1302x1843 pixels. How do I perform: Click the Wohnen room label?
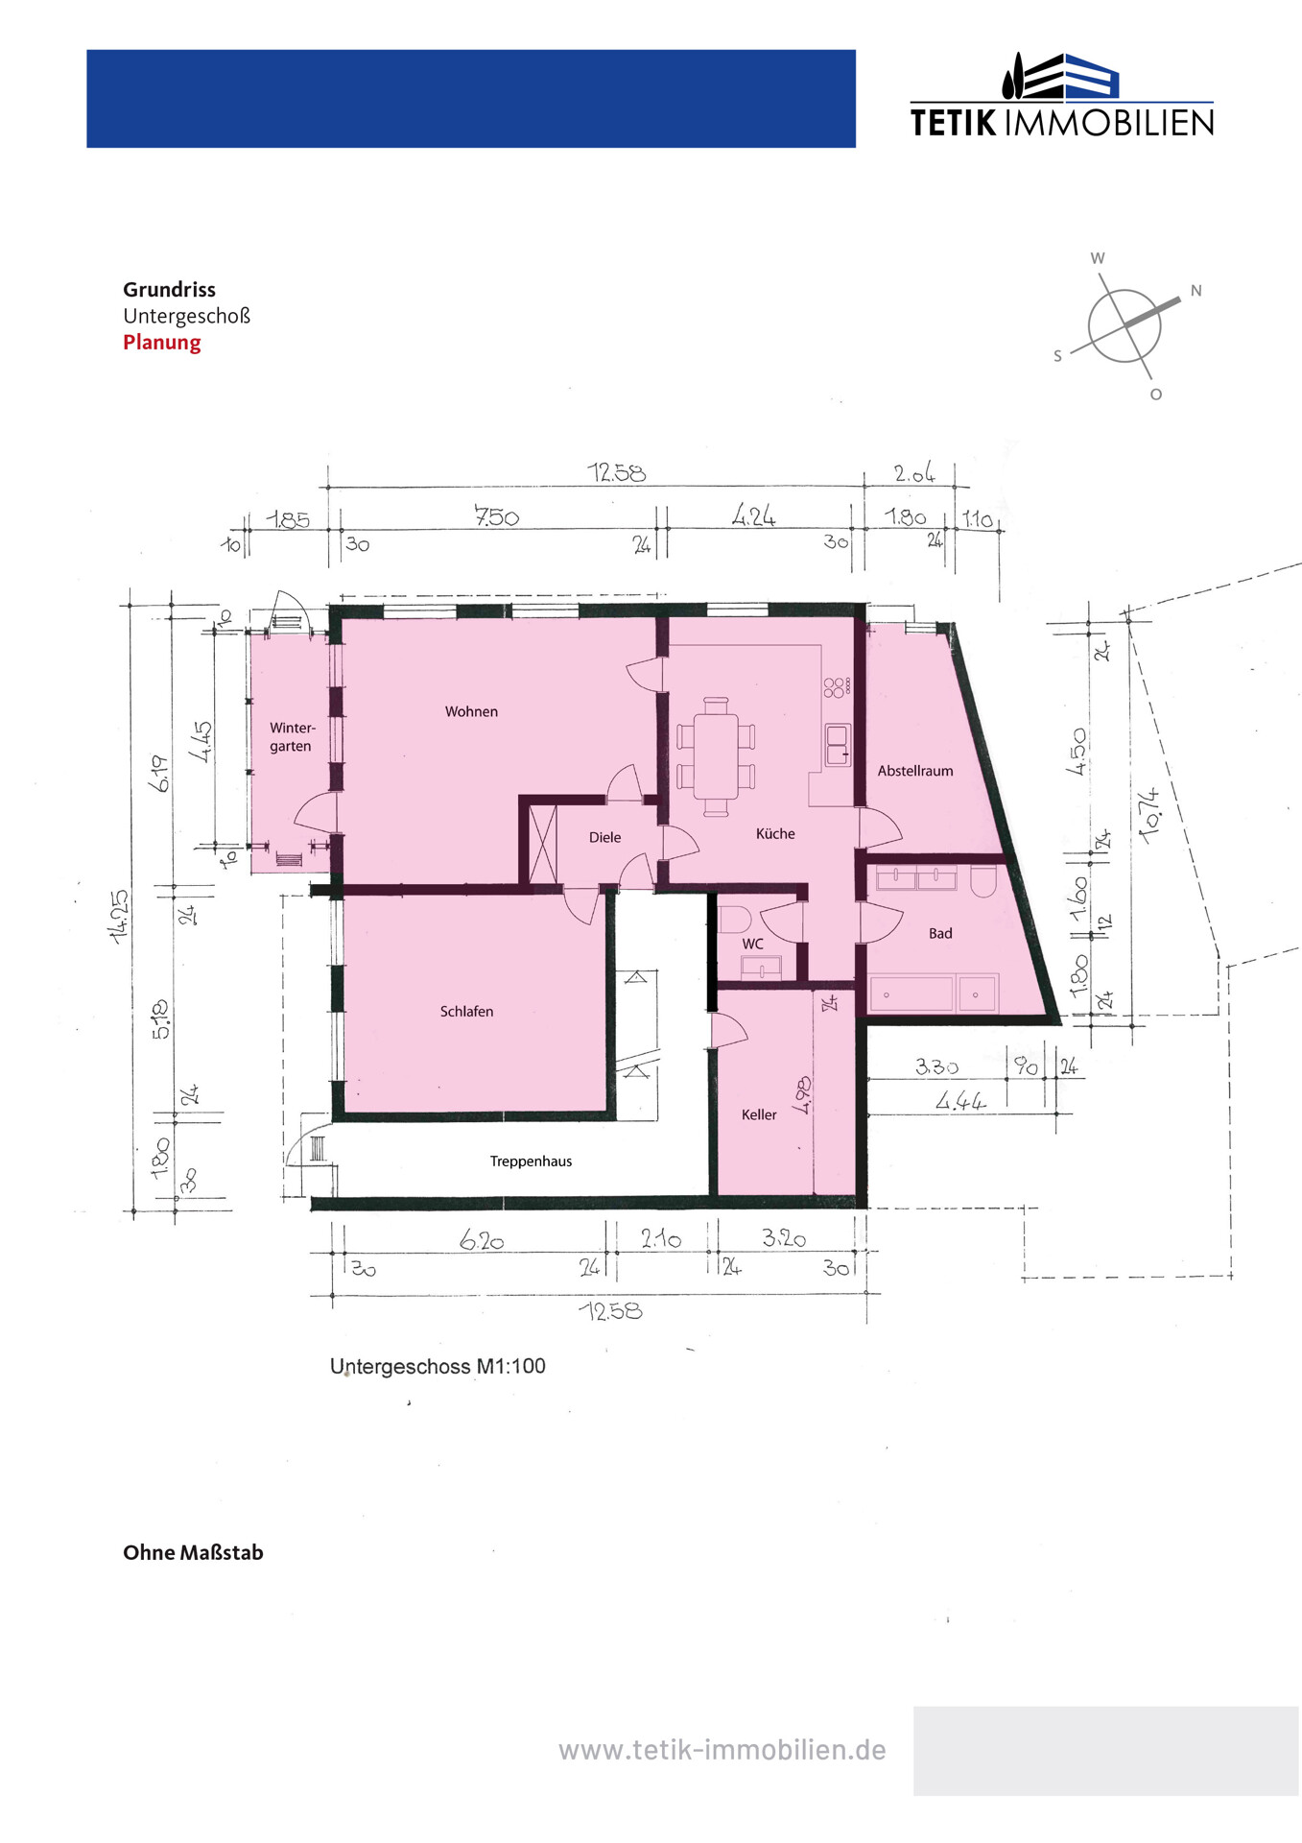[x=471, y=711]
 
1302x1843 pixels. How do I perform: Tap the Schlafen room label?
[x=466, y=1012]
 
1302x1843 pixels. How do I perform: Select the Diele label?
[x=604, y=837]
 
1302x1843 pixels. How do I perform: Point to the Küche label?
[x=775, y=833]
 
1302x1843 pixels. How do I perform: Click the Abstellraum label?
[x=915, y=771]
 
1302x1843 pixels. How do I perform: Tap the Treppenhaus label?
[x=531, y=1161]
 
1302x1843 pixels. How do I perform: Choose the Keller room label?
[x=759, y=1114]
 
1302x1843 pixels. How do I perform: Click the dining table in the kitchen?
[x=716, y=757]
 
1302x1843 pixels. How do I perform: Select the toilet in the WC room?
[x=736, y=920]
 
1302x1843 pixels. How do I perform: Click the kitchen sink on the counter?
[x=838, y=745]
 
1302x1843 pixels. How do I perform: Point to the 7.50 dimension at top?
[x=496, y=516]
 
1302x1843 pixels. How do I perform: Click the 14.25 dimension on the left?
[x=120, y=917]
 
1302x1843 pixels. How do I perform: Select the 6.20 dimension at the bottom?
[x=482, y=1240]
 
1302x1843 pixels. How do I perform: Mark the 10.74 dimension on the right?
[x=1148, y=815]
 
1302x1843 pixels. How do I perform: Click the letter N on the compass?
[x=1195, y=291]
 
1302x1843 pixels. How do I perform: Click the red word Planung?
[x=162, y=343]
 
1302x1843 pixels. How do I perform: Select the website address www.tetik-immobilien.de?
[x=722, y=1750]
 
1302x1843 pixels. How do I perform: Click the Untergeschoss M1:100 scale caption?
[x=438, y=1366]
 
